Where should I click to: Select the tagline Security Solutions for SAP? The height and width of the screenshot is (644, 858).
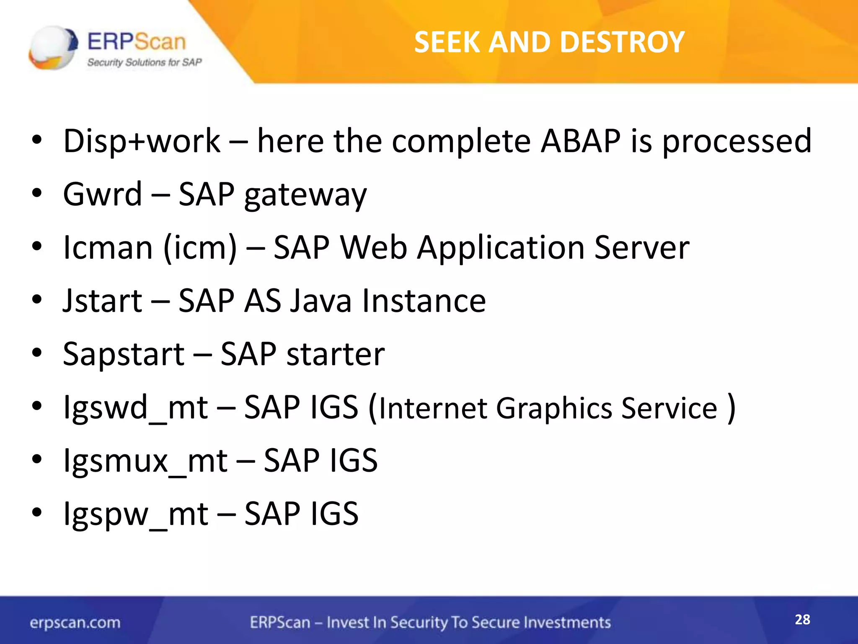click(x=144, y=62)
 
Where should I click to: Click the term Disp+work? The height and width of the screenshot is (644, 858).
click(x=142, y=141)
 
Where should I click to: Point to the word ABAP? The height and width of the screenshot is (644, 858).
click(x=580, y=141)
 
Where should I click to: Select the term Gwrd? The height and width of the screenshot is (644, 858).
click(x=103, y=195)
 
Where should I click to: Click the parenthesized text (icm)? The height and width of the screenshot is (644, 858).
click(x=200, y=248)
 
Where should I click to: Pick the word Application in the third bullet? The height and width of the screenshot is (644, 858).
click(x=500, y=248)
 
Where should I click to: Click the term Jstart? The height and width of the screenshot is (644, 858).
click(x=103, y=301)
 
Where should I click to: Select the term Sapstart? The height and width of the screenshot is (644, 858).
click(x=124, y=355)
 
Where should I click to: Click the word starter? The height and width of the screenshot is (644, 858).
click(x=336, y=355)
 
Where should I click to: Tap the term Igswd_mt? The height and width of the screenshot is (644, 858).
click(x=135, y=408)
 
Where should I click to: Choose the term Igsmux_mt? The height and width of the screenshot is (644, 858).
click(x=145, y=461)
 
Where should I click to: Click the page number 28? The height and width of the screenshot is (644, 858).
click(x=802, y=620)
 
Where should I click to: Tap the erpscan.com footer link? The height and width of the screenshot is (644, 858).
click(x=75, y=623)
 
